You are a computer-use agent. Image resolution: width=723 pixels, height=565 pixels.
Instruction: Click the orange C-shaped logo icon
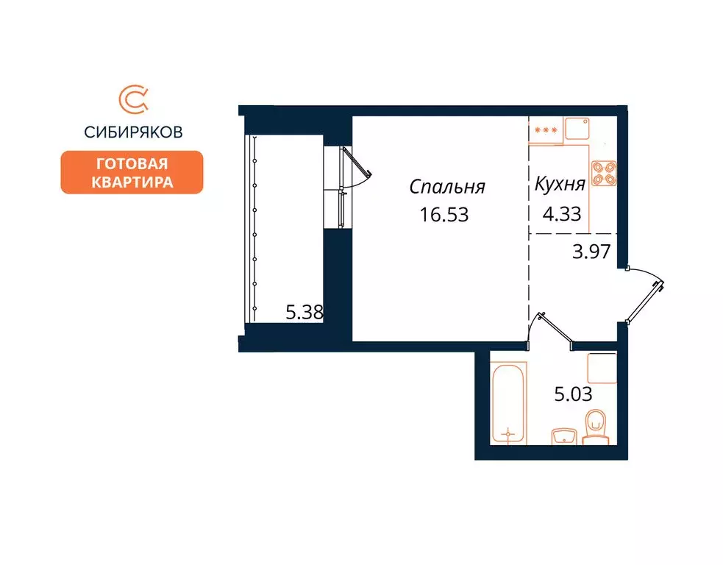[132, 101]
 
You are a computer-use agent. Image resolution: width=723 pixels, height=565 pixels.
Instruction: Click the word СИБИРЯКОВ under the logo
[132, 132]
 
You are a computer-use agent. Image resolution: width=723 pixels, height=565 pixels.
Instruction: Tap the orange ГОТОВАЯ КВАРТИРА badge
[132, 172]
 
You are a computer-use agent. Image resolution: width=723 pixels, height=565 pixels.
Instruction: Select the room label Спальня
[447, 187]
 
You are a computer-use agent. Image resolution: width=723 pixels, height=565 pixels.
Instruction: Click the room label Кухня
[560, 185]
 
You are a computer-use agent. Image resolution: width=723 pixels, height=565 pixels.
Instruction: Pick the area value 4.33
[561, 214]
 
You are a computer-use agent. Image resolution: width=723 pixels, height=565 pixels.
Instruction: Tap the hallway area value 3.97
[592, 252]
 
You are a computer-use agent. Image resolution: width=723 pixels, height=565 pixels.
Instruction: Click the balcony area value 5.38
[304, 312]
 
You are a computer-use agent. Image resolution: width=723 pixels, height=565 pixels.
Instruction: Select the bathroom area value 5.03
[573, 394]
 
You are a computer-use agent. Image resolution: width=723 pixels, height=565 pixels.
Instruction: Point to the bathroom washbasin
[563, 436]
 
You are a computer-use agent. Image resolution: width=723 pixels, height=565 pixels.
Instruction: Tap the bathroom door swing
[553, 328]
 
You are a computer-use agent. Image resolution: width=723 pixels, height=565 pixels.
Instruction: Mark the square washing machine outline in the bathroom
[602, 368]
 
